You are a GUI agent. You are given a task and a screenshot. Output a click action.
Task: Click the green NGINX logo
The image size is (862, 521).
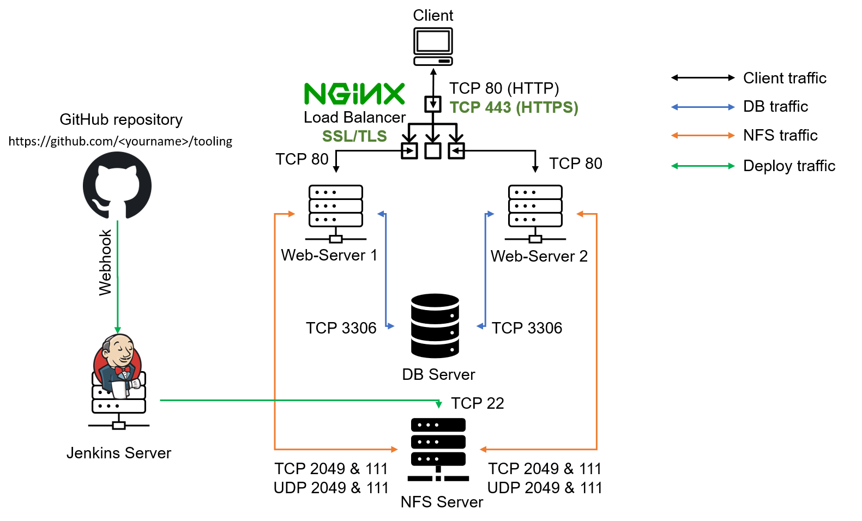click(x=354, y=94)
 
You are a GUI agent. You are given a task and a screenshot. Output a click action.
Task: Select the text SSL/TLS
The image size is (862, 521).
click(x=354, y=136)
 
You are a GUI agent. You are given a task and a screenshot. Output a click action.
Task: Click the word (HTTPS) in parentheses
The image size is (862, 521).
click(x=547, y=107)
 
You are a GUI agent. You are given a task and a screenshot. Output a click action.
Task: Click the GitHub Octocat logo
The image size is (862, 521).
click(x=117, y=185)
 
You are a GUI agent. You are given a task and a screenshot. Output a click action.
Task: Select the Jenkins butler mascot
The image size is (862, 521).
click(x=118, y=366)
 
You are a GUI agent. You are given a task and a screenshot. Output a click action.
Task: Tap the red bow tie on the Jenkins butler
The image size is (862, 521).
click(x=123, y=370)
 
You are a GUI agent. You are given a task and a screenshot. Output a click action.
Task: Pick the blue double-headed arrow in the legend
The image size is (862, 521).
click(x=703, y=107)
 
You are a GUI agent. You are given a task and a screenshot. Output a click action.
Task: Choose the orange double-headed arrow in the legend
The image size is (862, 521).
click(x=703, y=135)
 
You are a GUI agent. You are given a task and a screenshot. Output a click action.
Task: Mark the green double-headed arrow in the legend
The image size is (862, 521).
click(x=703, y=166)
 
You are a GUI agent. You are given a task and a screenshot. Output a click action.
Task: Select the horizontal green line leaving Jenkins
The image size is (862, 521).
click(x=300, y=400)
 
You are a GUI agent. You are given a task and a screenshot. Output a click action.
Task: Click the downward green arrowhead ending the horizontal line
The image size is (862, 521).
click(x=439, y=405)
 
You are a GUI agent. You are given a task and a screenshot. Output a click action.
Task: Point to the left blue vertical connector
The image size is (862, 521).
click(x=386, y=270)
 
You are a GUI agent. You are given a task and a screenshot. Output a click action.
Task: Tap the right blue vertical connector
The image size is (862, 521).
click(x=485, y=270)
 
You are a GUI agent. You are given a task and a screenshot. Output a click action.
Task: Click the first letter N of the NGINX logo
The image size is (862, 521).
click(x=315, y=94)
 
